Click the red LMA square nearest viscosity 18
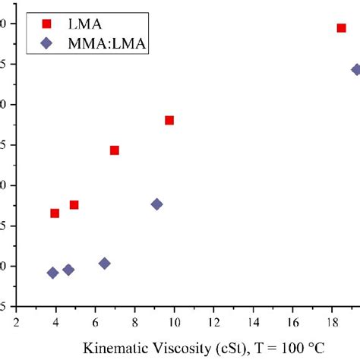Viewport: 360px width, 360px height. [341, 28]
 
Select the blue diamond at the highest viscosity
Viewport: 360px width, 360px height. [356, 69]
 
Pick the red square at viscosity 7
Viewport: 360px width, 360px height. [115, 150]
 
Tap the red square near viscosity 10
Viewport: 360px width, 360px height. [169, 120]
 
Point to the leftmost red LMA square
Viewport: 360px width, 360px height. [55, 213]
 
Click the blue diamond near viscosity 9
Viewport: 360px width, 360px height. [156, 204]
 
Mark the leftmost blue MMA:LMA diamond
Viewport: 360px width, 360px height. [52, 273]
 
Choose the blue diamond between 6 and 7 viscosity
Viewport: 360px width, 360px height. [105, 264]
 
